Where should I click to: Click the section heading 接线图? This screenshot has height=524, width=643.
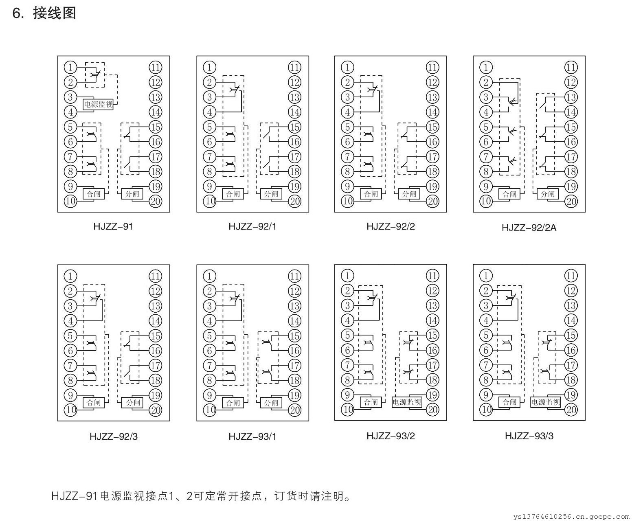[54, 13]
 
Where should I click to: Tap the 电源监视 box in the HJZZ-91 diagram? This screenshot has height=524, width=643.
[98, 104]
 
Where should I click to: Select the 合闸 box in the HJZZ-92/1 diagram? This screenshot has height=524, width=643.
[233, 194]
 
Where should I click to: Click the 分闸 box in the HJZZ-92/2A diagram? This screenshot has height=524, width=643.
[547, 194]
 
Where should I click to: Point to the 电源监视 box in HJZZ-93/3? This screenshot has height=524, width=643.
[545, 402]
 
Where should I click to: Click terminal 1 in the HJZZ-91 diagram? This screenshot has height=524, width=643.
[70, 67]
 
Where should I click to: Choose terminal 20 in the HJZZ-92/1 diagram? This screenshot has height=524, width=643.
[294, 201]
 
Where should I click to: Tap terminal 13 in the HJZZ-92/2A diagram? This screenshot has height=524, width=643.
[571, 97]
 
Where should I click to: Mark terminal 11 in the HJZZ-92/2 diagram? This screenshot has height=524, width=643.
[432, 67]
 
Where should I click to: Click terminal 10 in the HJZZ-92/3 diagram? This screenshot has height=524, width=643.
[70, 410]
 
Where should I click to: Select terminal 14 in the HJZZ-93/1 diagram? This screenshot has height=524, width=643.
[294, 321]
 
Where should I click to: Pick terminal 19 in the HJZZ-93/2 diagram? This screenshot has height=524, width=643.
[432, 395]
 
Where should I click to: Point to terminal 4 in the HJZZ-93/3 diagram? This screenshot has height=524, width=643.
[486, 320]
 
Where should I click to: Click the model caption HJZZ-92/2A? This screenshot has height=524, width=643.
[529, 227]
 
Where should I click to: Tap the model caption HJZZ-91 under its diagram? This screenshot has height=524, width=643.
[113, 226]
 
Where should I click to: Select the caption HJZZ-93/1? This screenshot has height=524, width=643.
[252, 436]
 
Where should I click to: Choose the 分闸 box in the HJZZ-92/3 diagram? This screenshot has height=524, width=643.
[133, 402]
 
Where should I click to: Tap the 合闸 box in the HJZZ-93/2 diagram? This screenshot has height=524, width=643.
[371, 402]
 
